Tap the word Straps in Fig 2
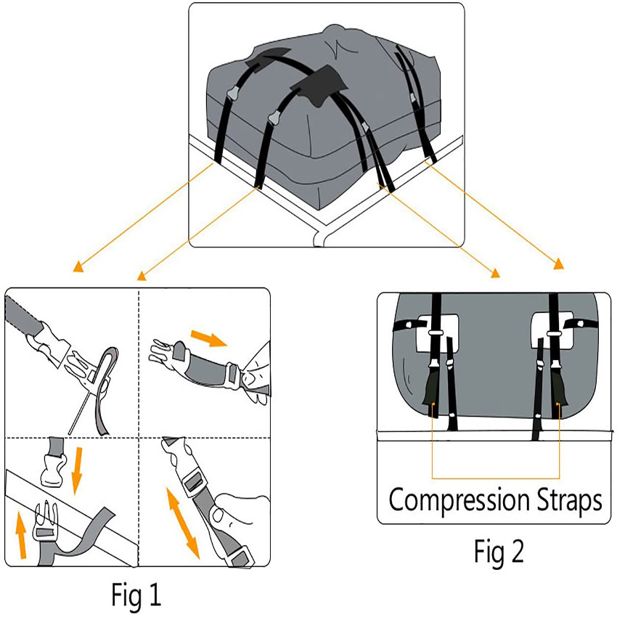pyautogui.click(x=568, y=501)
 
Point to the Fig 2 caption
pyautogui.click(x=499, y=552)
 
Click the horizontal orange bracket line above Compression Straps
pyautogui.click(x=497, y=478)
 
